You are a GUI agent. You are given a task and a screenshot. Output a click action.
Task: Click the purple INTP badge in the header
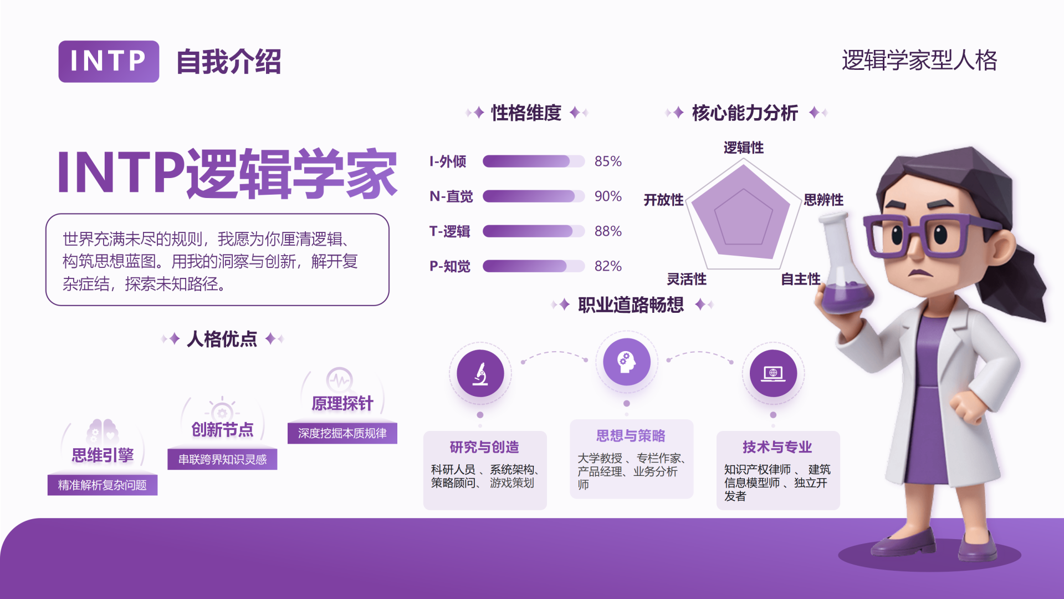tap(109, 62)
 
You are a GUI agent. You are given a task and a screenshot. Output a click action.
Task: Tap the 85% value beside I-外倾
tap(608, 161)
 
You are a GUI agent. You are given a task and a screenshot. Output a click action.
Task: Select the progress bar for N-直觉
tap(534, 196)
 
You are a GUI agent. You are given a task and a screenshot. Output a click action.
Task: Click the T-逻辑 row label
tap(449, 231)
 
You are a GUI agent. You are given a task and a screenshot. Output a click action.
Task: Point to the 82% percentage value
tap(608, 266)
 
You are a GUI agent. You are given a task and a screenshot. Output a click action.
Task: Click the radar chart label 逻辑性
tap(744, 148)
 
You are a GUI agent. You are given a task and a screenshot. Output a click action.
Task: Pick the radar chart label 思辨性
tap(823, 200)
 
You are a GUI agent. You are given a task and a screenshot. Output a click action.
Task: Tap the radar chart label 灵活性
tap(687, 279)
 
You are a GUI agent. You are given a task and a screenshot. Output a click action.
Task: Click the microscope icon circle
tap(480, 373)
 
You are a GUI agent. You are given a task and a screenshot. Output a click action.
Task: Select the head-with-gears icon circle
tap(627, 362)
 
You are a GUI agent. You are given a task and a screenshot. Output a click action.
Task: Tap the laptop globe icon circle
tap(773, 373)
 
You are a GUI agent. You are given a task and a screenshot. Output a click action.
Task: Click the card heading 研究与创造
tap(484, 447)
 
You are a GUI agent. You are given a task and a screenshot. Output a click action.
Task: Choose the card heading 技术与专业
tap(777, 447)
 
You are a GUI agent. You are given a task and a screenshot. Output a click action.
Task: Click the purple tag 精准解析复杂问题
tap(103, 485)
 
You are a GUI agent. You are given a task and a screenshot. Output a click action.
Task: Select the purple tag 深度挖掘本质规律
tap(342, 433)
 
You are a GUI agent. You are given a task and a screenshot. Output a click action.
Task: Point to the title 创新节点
tap(222, 430)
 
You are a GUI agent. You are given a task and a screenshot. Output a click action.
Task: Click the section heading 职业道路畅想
tap(631, 304)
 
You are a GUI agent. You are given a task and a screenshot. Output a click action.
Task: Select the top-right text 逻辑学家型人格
tap(919, 60)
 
